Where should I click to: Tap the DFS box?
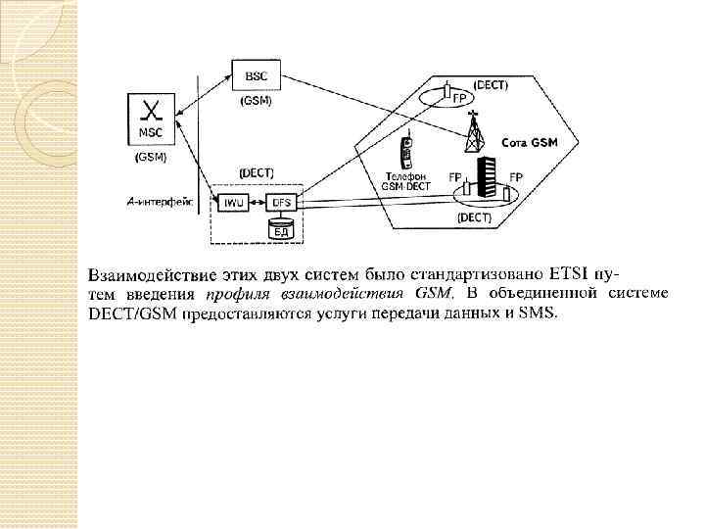pyautogui.click(x=282, y=203)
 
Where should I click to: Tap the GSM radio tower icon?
pyautogui.click(x=475, y=132)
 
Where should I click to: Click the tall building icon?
pyautogui.click(x=485, y=182)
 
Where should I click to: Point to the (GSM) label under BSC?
pyautogui.click(x=256, y=101)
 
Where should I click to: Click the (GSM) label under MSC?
pyautogui.click(x=152, y=156)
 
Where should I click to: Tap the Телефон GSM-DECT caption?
pyautogui.click(x=403, y=183)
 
